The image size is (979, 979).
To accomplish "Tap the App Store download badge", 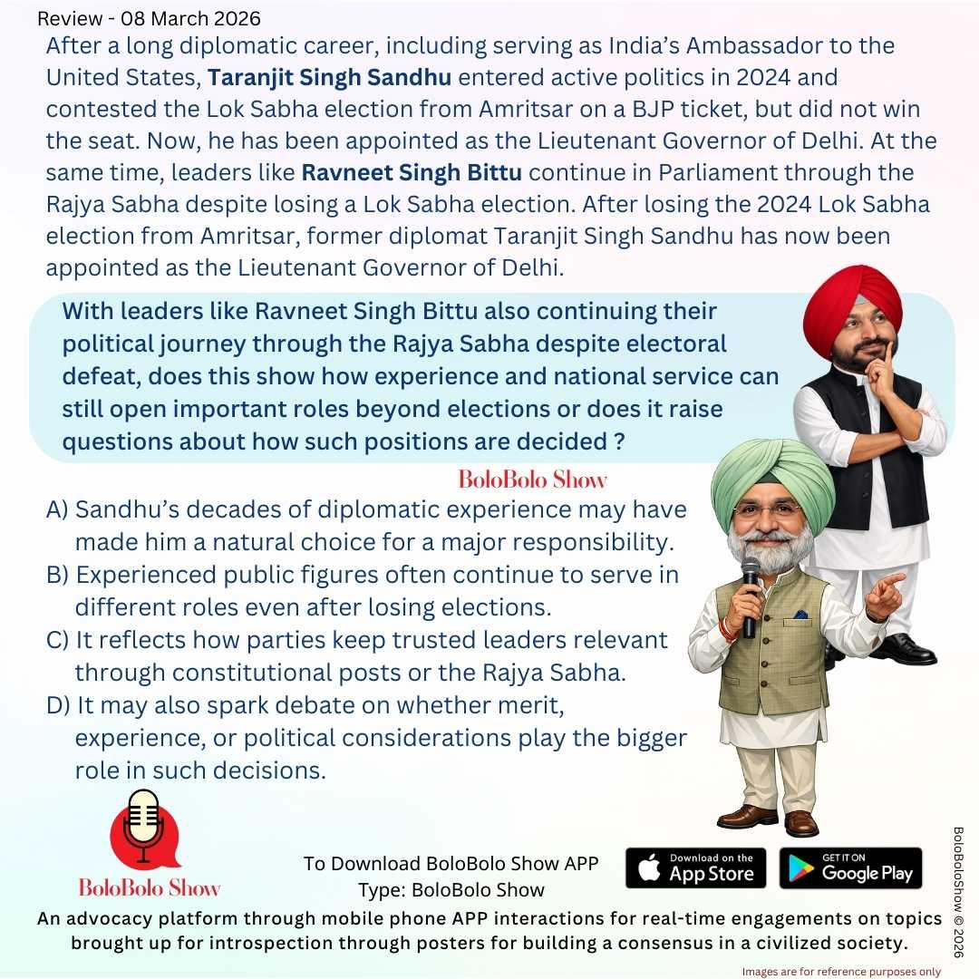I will [x=695, y=868].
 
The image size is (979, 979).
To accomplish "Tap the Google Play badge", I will [x=850, y=868].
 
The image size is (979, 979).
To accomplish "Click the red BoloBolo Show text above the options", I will [x=532, y=479].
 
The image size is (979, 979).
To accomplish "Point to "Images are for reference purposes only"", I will [x=841, y=971].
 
